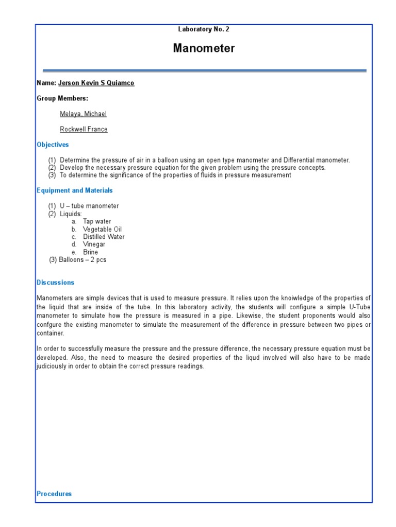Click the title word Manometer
click(204, 48)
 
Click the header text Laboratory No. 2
click(204, 29)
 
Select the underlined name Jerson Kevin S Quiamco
click(96, 83)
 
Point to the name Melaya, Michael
click(83, 114)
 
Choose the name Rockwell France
click(84, 129)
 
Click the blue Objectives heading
click(53, 145)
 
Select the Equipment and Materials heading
click(74, 190)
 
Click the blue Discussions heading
click(55, 283)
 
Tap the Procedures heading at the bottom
click(54, 494)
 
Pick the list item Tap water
click(97, 221)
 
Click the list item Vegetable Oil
click(102, 229)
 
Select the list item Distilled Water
click(104, 237)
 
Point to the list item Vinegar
click(94, 244)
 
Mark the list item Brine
click(90, 252)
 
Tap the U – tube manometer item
click(89, 206)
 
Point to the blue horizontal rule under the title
click(204, 71)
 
